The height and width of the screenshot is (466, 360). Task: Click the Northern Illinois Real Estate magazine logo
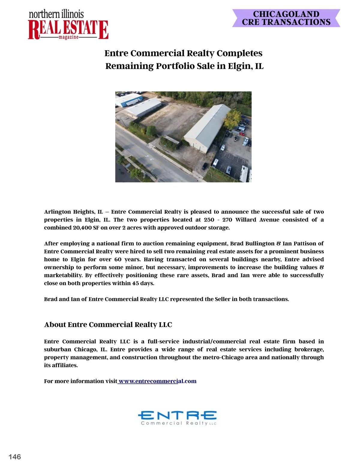(x=68, y=25)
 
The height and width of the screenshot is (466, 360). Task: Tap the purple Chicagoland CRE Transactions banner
(x=286, y=18)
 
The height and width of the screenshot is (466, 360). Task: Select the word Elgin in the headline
(x=240, y=66)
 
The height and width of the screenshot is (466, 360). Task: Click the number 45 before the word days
(x=136, y=284)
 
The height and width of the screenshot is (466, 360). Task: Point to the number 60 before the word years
(x=118, y=260)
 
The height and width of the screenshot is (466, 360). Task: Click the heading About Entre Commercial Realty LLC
(x=108, y=325)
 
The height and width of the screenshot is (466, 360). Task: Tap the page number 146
(x=15, y=457)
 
